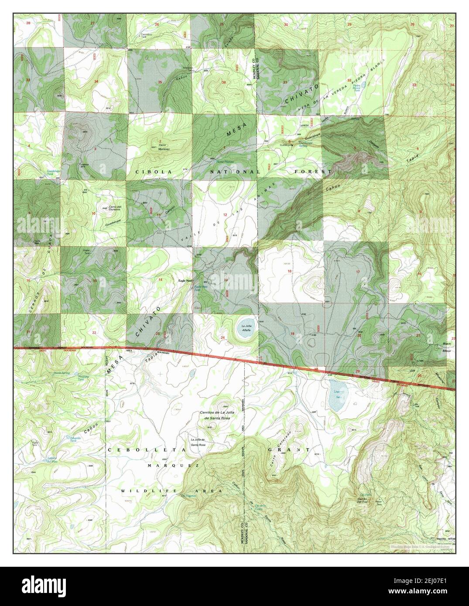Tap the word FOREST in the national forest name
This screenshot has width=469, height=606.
coord(313,172)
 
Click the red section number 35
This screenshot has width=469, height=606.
coord(160,82)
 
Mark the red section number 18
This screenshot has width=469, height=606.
coord(289,272)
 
